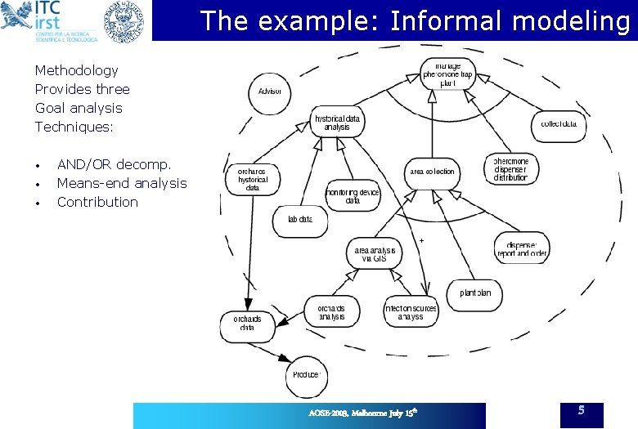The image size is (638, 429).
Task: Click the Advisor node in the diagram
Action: tap(270, 91)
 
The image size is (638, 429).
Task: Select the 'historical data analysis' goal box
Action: tap(337, 123)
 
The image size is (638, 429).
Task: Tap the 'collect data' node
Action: tap(560, 124)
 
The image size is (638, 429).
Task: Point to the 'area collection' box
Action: tap(433, 172)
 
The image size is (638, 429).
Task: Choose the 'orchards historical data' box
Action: tap(252, 179)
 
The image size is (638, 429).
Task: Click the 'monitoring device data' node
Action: tap(353, 195)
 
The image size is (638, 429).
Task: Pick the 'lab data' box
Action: tap(300, 219)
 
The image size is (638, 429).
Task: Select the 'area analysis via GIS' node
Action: tap(374, 253)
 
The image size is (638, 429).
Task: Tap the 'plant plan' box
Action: tap(475, 293)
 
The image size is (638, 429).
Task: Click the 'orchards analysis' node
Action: tap(331, 311)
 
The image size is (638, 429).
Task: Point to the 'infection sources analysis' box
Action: tap(411, 311)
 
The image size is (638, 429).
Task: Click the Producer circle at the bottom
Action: tap(306, 374)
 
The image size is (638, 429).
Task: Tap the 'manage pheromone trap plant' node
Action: tap(447, 74)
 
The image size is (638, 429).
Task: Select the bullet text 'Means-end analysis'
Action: tap(122, 183)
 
